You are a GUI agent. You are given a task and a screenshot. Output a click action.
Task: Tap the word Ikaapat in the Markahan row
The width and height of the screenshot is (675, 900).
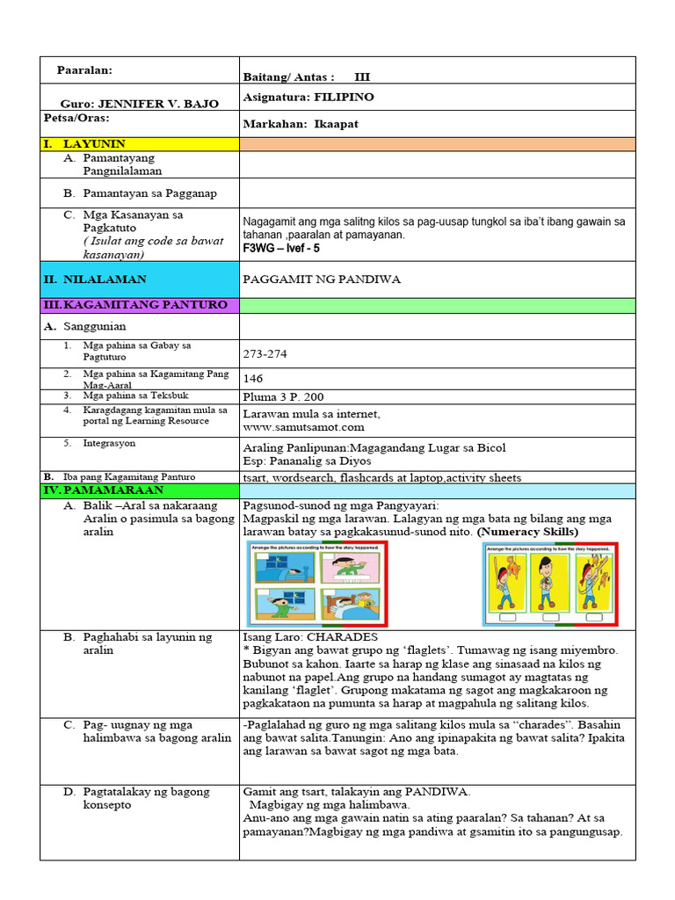pos(337,124)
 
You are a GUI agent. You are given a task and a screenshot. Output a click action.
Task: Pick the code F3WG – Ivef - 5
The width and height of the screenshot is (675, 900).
pos(281,249)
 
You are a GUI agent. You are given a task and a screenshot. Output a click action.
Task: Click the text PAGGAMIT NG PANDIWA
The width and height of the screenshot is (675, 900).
pos(322,279)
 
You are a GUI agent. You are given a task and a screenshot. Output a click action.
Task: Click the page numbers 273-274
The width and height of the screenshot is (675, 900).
pos(265,354)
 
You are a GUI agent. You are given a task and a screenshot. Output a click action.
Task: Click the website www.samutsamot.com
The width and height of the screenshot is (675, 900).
pos(303,427)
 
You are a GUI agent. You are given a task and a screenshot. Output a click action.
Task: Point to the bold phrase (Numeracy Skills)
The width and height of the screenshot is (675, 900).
pos(527,532)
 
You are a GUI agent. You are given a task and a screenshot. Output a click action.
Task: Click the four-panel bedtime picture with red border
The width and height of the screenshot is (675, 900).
pos(318,584)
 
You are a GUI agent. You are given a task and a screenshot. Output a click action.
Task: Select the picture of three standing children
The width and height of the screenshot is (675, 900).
pos(551,584)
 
